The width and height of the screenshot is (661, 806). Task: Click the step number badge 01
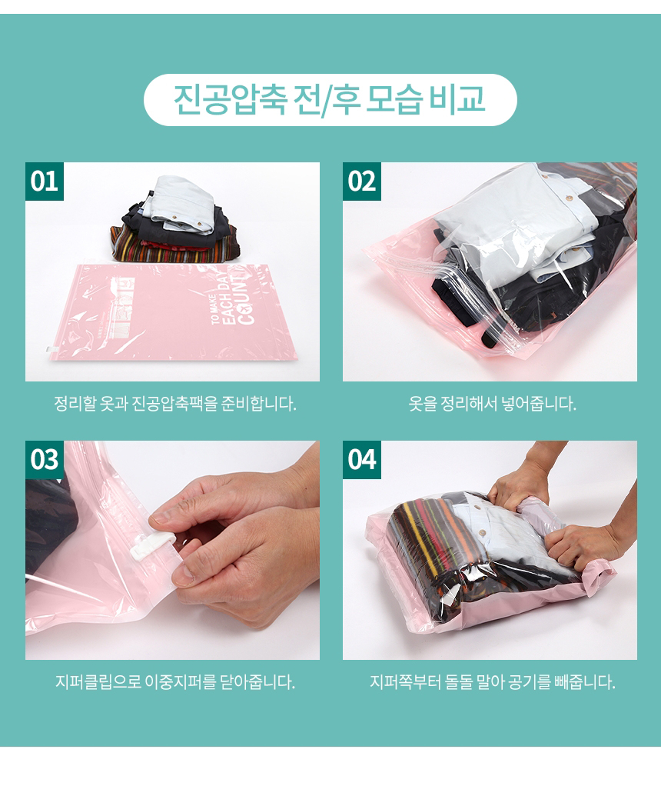click(44, 182)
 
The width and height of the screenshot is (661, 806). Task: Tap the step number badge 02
click(361, 182)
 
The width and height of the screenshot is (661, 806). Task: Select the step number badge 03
click(44, 460)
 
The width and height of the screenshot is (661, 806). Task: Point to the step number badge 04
click(361, 460)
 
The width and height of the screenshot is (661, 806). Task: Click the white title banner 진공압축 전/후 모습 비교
click(330, 100)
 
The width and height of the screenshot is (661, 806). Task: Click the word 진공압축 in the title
click(230, 99)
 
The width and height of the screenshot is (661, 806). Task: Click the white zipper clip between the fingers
click(152, 545)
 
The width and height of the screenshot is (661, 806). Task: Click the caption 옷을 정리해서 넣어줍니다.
click(492, 404)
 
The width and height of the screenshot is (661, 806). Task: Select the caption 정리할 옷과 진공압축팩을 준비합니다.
click(174, 404)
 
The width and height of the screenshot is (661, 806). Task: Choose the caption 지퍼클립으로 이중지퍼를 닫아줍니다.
click(174, 682)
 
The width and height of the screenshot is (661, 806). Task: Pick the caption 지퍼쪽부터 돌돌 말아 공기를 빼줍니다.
click(492, 682)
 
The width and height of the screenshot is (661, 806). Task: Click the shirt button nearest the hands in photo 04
click(482, 532)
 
